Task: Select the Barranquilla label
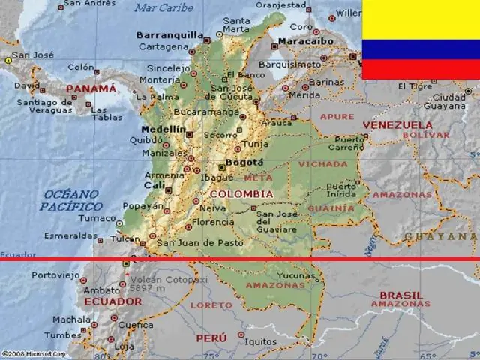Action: click(170, 34)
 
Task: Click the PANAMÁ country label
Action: click(91, 88)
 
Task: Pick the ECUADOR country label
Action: click(112, 301)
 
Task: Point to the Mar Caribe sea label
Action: click(163, 8)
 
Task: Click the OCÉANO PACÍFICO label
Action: click(71, 200)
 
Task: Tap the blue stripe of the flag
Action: click(421, 50)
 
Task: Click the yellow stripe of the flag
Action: click(421, 20)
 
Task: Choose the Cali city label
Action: click(154, 184)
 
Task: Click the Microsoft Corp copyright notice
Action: click(34, 352)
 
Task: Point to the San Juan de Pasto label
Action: click(199, 242)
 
